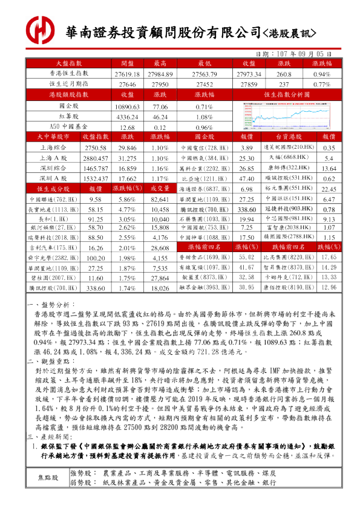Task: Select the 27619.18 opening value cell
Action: click(127, 74)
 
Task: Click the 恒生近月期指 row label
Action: click(68, 85)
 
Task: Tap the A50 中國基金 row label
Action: click(68, 128)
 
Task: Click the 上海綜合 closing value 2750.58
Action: click(95, 148)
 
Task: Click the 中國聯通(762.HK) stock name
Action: click(53, 199)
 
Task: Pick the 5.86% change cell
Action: click(127, 199)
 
